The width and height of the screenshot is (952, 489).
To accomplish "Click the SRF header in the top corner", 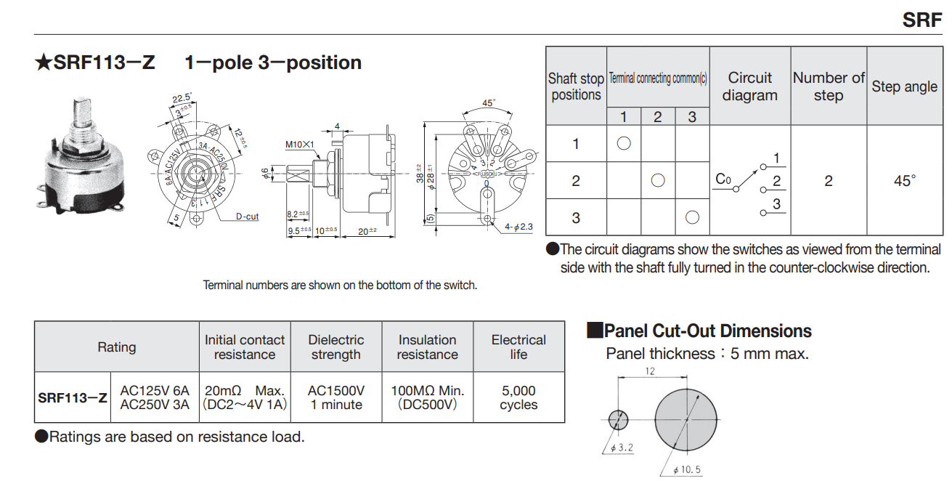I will (922, 20).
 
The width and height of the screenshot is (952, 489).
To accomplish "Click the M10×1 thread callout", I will (299, 145).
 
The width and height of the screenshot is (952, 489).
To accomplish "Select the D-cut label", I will (247, 217).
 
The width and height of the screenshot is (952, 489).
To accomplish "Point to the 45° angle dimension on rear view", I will (489, 102).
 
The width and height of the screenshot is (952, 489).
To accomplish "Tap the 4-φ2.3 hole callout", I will (518, 227).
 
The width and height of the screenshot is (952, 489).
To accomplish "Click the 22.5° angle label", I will (182, 98).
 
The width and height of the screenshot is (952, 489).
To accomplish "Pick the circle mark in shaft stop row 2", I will (658, 180).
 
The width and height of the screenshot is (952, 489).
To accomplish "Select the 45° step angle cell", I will (904, 181).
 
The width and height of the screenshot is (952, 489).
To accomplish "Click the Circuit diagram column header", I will (749, 86).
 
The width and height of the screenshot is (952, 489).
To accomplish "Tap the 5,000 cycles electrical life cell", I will (518, 397).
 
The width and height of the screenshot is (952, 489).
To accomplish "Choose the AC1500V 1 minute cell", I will (335, 397).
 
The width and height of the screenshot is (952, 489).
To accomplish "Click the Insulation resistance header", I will (427, 347).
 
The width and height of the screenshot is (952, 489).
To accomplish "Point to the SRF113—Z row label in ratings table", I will (73, 397).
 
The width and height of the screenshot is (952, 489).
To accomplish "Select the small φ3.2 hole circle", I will (618, 419).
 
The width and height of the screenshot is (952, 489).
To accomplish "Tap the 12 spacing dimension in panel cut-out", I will (649, 371).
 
